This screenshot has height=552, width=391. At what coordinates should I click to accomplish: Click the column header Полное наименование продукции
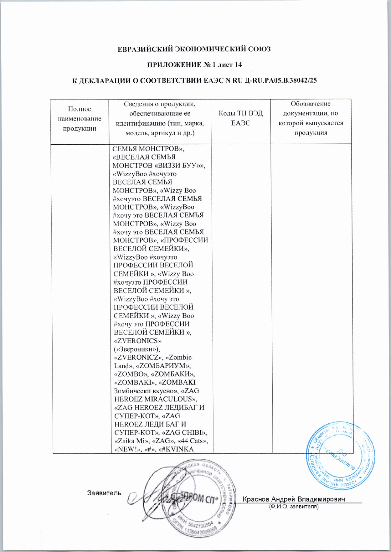[x=80, y=119]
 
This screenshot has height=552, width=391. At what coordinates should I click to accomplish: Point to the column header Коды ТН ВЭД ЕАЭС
[x=240, y=118]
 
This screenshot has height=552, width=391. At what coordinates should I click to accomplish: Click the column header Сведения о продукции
[x=160, y=118]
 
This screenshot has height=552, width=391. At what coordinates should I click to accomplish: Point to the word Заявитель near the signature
[x=104, y=493]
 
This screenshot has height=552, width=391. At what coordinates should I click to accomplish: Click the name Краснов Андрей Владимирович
[x=294, y=499]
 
